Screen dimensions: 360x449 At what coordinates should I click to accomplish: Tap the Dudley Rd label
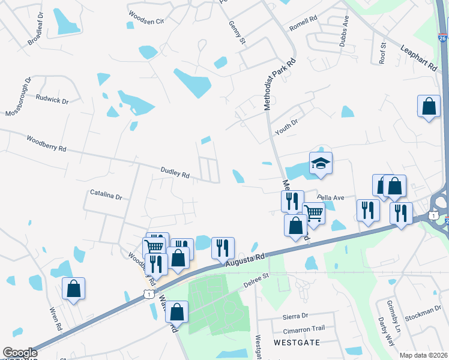(175, 173)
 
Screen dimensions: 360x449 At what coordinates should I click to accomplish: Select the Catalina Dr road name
(106, 196)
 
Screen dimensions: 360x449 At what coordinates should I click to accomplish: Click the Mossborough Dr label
(18, 97)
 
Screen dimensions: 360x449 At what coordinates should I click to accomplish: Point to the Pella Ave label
(331, 197)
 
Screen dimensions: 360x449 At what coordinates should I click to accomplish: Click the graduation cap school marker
(321, 163)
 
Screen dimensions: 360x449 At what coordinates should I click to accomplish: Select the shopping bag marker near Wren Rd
(73, 289)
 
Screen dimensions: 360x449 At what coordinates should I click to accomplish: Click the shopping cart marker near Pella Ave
(314, 212)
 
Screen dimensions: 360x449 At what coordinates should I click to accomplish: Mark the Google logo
(20, 353)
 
